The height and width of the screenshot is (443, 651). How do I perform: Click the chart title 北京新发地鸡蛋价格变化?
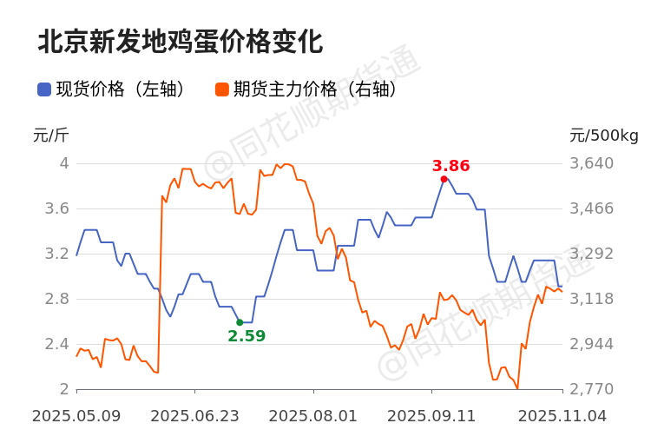(x=180, y=42)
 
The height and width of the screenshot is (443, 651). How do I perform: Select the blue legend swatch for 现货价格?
(x=44, y=89)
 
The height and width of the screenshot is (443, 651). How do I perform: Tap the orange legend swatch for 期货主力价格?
(x=222, y=89)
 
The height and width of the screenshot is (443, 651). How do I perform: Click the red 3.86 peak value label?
(x=450, y=166)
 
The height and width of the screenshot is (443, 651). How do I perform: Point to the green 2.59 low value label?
(x=247, y=336)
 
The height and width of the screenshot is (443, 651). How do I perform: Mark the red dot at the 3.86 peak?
(x=444, y=179)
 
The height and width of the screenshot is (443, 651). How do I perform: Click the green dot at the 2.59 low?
(x=240, y=322)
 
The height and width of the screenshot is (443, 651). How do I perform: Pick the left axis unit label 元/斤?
(x=50, y=136)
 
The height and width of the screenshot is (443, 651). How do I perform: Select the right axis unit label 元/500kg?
(x=604, y=136)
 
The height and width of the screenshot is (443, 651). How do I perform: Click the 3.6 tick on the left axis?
(x=59, y=208)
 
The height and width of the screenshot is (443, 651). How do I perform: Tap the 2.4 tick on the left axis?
(x=59, y=344)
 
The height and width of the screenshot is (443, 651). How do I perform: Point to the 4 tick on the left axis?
(x=64, y=163)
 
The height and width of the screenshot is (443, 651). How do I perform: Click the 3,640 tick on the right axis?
(x=591, y=163)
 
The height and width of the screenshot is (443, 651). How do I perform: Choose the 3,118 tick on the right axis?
(x=591, y=299)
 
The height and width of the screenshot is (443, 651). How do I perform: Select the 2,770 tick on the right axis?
(x=591, y=389)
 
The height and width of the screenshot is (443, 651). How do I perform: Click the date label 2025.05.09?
(x=76, y=416)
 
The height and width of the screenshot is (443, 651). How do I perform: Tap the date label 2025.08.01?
(x=313, y=416)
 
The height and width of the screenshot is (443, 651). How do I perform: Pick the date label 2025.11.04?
(x=562, y=416)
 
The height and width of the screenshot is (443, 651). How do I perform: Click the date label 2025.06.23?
(x=194, y=416)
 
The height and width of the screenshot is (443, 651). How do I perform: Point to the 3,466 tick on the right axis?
(x=591, y=208)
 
